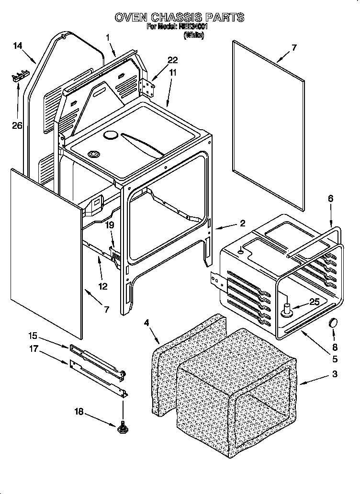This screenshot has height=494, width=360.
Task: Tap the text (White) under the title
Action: [x=193, y=35]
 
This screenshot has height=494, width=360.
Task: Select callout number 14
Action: [x=17, y=46]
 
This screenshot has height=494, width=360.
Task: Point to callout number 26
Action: [x=17, y=126]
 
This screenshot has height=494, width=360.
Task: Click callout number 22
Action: [x=172, y=60]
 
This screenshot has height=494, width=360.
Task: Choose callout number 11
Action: [x=172, y=72]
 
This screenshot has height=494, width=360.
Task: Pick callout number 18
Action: [x=80, y=411]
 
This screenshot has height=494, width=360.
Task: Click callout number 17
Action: [x=33, y=349]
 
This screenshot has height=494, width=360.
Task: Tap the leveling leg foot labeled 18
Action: [x=123, y=427]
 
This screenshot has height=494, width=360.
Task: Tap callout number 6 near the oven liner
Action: [x=330, y=198]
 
